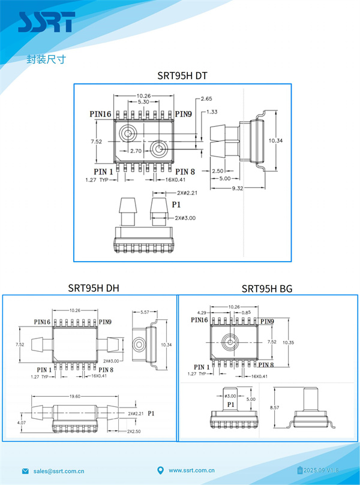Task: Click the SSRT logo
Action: [x=46, y=22]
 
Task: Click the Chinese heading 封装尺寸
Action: [x=46, y=59]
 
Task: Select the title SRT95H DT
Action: [x=182, y=76]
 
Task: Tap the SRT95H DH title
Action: [x=94, y=288]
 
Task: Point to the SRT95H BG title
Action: [x=267, y=288]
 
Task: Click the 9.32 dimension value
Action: [x=237, y=188]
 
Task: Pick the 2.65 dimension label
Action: [x=206, y=98]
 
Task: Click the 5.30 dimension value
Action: [x=143, y=102]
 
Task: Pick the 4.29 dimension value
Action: [x=202, y=313]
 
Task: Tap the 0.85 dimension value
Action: [x=246, y=313]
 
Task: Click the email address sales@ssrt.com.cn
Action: [x=59, y=471]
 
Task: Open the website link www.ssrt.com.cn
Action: [x=191, y=471]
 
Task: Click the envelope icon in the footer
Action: [x=25, y=471]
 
